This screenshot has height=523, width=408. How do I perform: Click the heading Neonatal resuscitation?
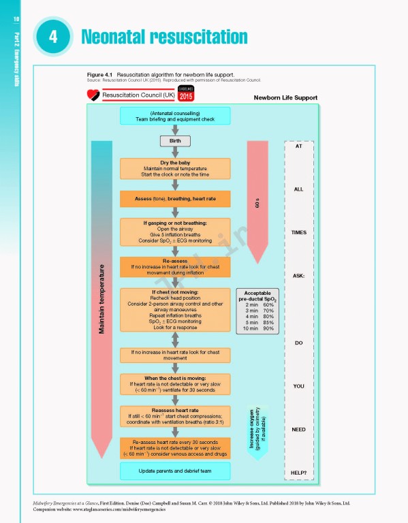tap(163, 36)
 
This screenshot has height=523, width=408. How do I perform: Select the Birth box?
tap(175, 141)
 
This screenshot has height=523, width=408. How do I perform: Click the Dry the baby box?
tap(175, 169)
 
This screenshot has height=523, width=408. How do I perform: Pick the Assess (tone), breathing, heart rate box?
tap(175, 199)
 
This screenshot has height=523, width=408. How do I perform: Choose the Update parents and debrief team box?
tap(175, 471)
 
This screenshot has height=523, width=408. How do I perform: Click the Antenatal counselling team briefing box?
tap(175, 116)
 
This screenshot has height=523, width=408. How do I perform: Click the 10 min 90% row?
tap(259, 329)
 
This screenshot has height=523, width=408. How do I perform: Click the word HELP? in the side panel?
tap(298, 473)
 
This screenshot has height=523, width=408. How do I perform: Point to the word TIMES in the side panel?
tap(298, 232)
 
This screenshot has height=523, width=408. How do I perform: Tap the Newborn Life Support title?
tap(285, 97)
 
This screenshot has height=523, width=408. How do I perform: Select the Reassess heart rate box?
tap(175, 416)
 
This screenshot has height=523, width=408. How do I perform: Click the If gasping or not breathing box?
tap(175, 233)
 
